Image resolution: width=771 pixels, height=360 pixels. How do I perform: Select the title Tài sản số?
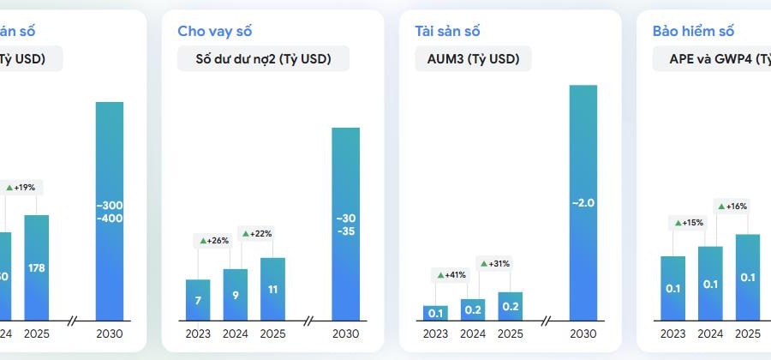tap(448, 32)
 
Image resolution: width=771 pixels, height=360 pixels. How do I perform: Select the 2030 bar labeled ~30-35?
tap(345, 224)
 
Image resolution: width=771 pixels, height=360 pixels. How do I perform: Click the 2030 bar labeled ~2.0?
tap(583, 202)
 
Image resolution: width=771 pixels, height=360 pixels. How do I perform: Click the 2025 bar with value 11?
tap(272, 289)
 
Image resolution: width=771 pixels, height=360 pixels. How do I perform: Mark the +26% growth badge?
tap(215, 241)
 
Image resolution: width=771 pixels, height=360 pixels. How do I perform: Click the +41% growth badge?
tap(452, 275)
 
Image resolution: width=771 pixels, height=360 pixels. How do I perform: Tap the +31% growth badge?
tap(497, 263)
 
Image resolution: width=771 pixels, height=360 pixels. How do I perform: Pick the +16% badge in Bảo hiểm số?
tap(732, 207)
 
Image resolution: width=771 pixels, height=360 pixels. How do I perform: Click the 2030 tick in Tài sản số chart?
tap(583, 333)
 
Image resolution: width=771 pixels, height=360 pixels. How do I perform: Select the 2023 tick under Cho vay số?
tap(198, 333)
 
